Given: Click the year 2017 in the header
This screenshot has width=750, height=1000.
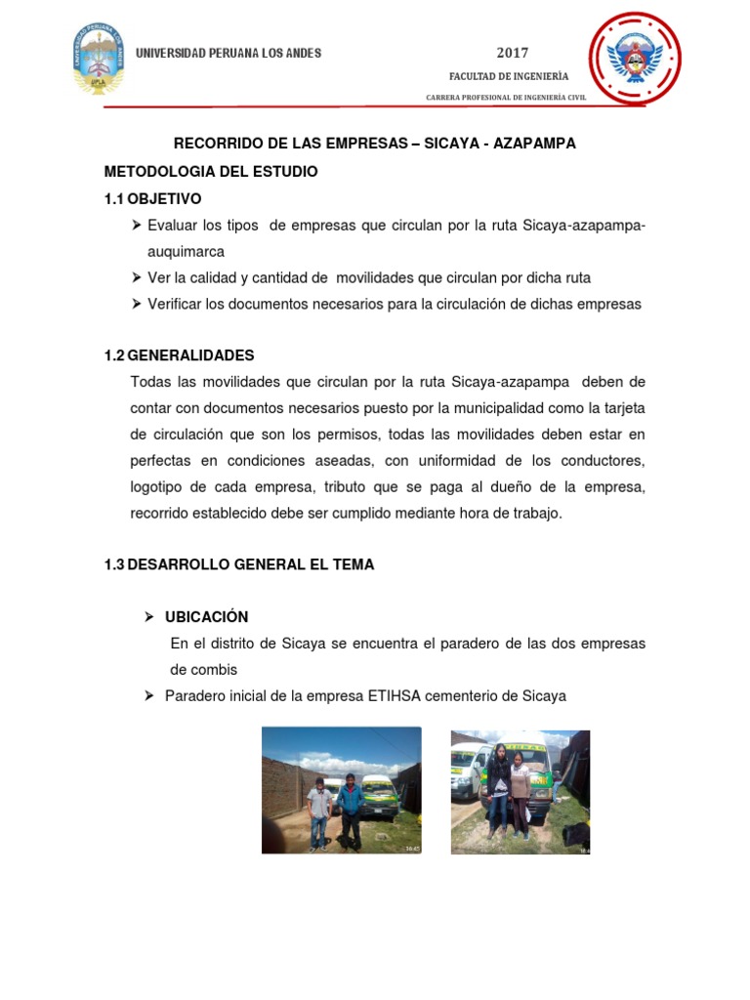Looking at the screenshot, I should pos(513,53).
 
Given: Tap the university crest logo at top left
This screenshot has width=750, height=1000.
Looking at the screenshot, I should pos(98,60).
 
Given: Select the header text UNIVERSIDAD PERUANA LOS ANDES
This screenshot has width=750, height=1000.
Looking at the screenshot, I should pos(228,53).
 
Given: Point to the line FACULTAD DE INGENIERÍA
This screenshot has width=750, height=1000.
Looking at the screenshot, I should pos(509,76).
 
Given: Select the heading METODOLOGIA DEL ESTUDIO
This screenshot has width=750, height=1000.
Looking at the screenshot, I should pos(211,171).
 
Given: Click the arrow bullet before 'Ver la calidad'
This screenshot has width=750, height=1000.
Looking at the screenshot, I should pos(137,277).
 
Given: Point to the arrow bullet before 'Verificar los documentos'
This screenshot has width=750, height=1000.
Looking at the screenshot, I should pos(137,304).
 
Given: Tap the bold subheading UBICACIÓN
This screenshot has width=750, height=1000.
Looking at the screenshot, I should pos(206,616).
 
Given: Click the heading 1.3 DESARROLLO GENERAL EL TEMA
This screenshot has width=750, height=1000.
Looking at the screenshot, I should pos(238,564).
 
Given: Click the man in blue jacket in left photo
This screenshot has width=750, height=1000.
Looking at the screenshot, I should pos(350,811).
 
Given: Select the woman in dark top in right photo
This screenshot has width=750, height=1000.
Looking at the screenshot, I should pos(498,786).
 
